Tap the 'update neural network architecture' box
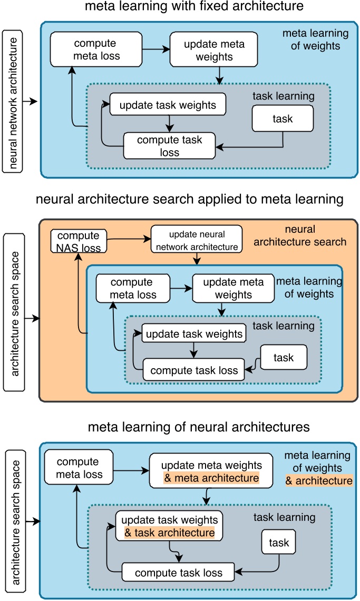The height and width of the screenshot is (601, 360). (x=197, y=239)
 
